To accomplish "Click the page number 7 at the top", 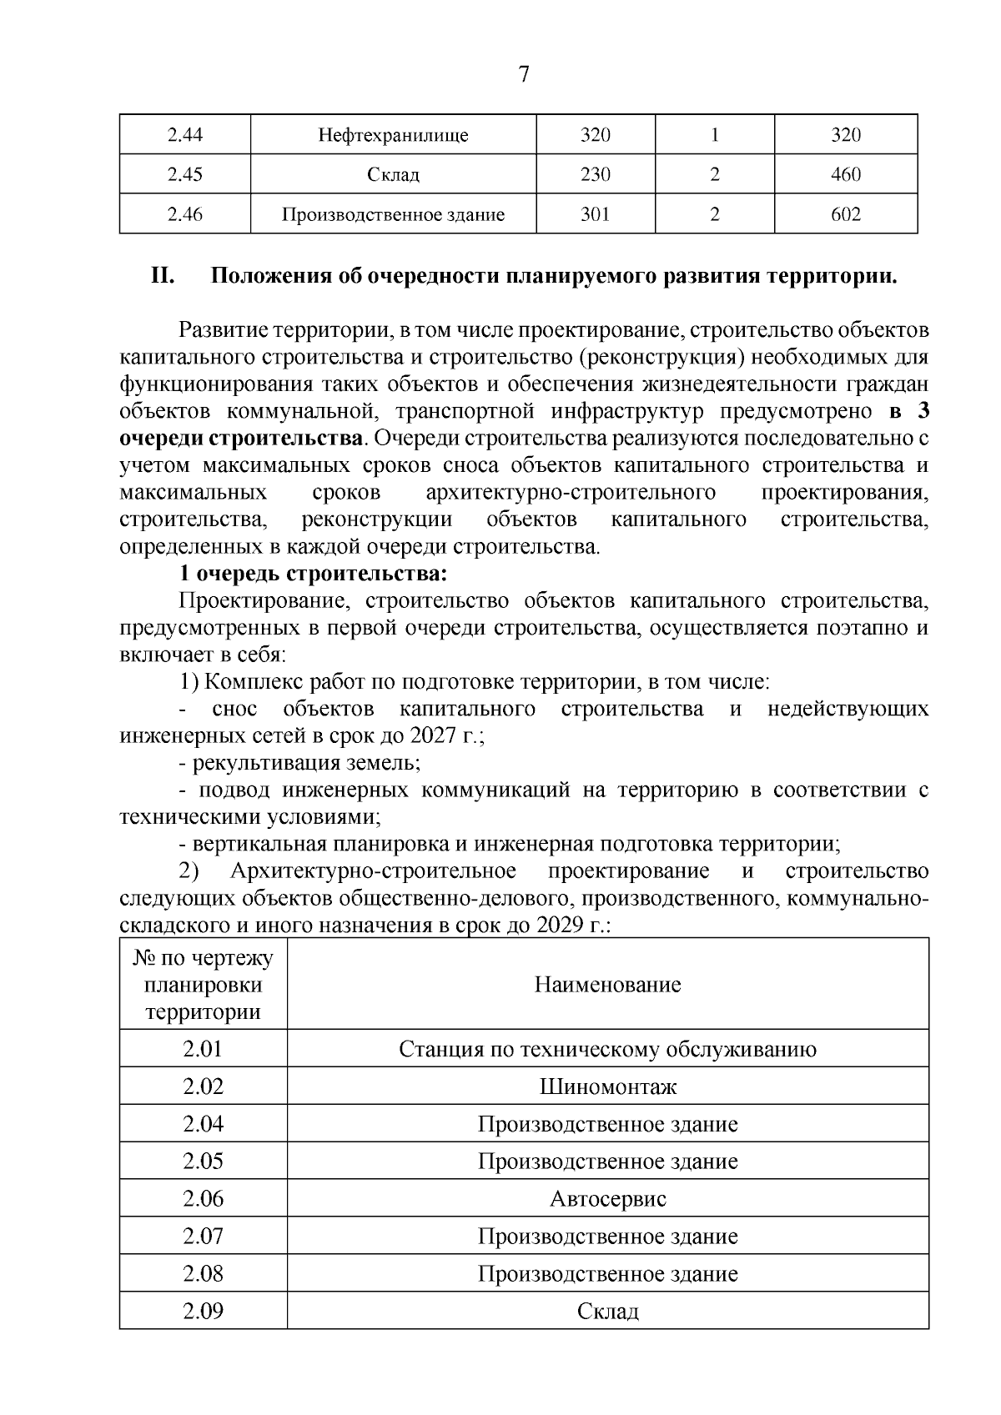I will point(523,75).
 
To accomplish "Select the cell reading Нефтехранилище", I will point(393,135).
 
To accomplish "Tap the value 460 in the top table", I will point(845,175).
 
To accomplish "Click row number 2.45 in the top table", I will point(184,175).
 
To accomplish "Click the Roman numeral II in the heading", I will point(162,276).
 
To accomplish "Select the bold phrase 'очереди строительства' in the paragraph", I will point(241,439).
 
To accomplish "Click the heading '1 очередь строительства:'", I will point(314,574).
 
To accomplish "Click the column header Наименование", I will point(607,985).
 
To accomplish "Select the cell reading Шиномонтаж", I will point(607,1086).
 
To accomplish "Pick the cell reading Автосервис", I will point(607,1199).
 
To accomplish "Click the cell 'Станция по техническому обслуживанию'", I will point(607,1049).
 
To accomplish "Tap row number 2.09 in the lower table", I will point(203,1312).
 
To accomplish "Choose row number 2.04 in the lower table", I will point(203,1124).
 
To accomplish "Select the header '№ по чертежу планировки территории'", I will point(203,985).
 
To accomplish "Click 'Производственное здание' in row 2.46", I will point(393,215).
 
